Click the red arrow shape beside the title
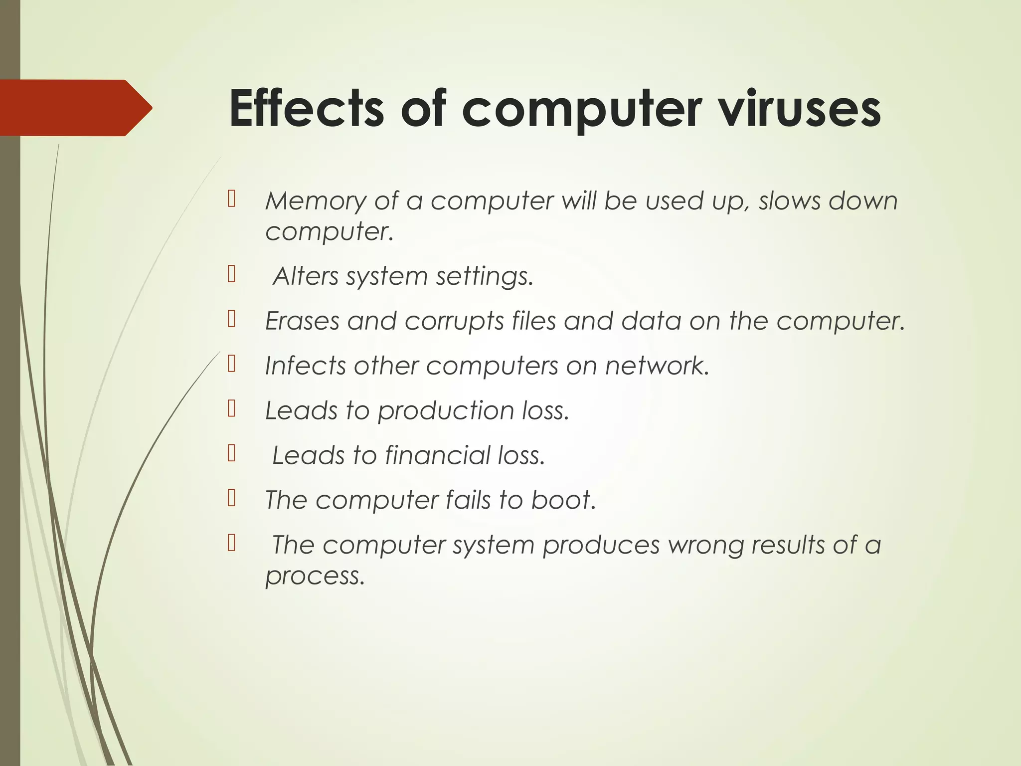coord(75,108)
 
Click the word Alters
coord(306,276)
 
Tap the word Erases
coord(302,321)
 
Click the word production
coord(446,411)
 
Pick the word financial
coord(438,455)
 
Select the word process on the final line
coord(315,576)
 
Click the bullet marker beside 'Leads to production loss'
coord(231,409)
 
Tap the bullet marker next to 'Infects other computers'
coord(231,364)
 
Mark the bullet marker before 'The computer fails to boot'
coord(231,498)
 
